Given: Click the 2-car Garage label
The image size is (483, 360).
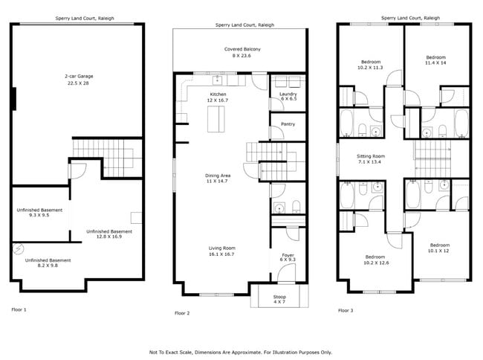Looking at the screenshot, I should coord(78,76).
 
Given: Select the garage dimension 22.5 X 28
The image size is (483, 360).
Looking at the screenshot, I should coord(78,83).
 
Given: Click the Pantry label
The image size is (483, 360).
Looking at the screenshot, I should coord(288,124).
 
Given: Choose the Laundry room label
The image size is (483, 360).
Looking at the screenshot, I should coord(288,94).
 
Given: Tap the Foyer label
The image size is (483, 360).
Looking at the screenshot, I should coord(287,254).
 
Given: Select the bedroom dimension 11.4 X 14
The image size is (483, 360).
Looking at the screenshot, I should coord(435,63).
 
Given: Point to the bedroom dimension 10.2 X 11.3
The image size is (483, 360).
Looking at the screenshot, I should coord(372,68).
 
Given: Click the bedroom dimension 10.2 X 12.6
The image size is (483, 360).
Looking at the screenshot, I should coord(376,263).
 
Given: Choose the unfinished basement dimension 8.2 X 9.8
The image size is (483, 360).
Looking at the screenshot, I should coord(48,266).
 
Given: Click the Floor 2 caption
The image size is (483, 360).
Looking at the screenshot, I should coord(183,313).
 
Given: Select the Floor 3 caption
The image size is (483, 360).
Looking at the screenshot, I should coord(346,310).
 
